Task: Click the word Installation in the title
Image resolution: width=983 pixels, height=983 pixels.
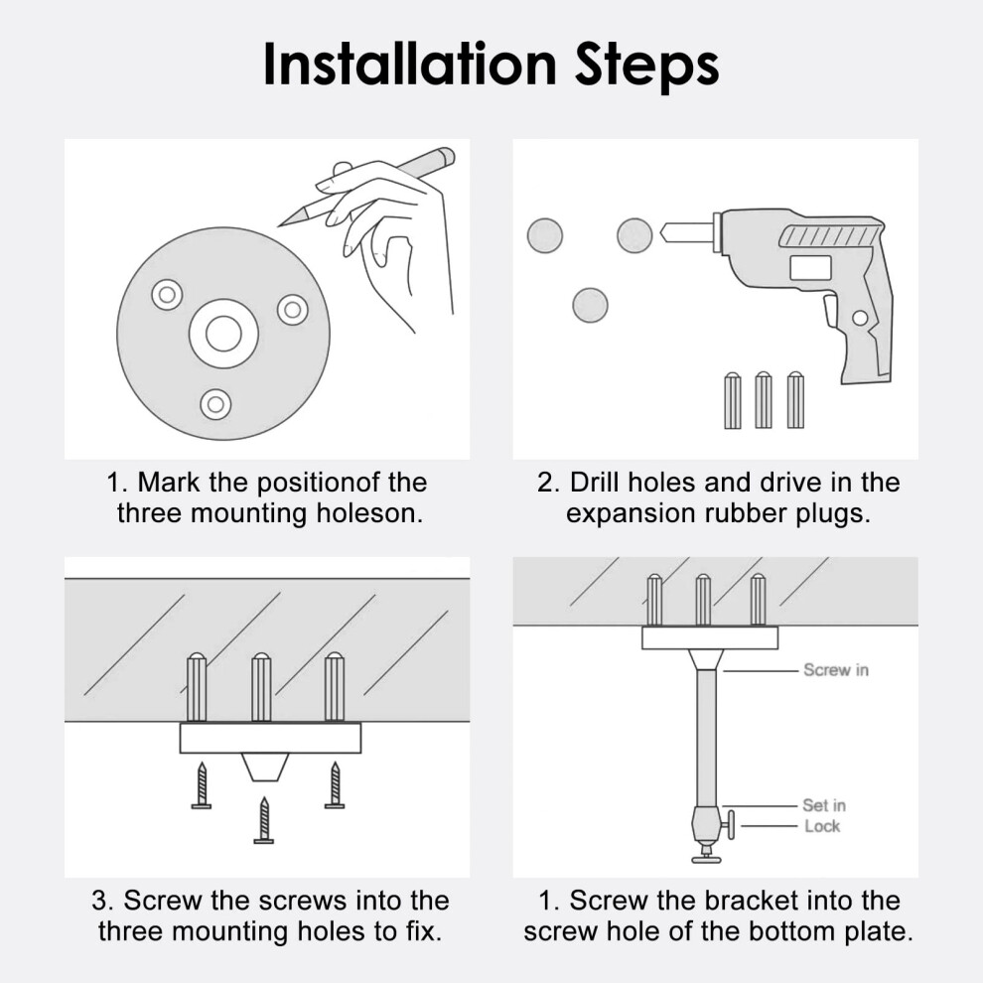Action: coord(410,64)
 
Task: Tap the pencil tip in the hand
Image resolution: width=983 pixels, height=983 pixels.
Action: coord(280,224)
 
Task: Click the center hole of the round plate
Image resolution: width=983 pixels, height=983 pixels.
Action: coord(223,333)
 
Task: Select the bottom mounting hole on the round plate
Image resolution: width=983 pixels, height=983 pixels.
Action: coord(215,404)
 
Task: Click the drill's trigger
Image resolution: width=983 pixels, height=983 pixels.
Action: coord(830,311)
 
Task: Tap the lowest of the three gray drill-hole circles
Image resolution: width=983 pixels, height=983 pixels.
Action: coord(590,305)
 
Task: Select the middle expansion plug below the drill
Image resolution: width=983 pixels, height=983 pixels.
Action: coord(763,400)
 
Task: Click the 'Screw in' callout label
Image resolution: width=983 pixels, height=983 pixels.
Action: coord(836,670)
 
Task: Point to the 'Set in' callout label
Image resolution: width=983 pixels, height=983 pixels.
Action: coord(824,805)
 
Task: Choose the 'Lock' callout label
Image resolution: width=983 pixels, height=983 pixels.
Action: coord(822,826)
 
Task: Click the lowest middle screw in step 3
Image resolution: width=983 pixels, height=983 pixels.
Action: coord(264,820)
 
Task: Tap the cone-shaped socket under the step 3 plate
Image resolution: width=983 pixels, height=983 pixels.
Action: coord(265,767)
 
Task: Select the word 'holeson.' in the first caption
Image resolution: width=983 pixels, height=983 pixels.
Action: coord(369,512)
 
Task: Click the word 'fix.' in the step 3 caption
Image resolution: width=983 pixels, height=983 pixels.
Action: coord(423,931)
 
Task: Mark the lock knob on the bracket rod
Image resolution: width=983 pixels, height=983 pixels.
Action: coord(731,824)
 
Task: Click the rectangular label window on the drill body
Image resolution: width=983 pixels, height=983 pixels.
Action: coord(810,268)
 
